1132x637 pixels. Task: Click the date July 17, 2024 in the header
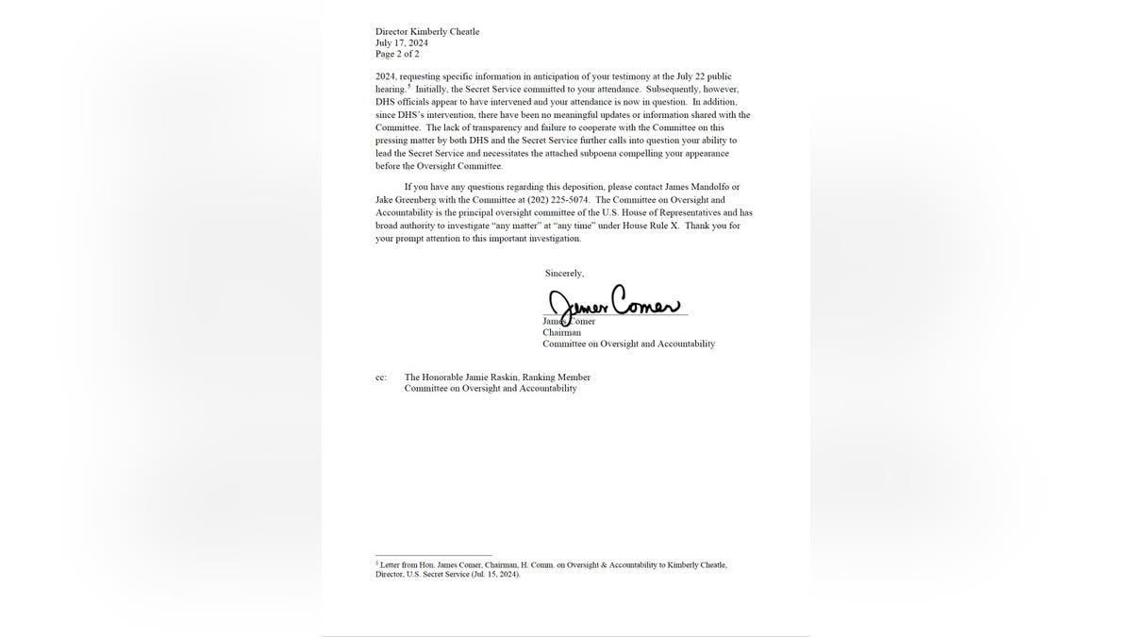pyautogui.click(x=401, y=42)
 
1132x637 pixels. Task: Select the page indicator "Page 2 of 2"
pyautogui.click(x=397, y=54)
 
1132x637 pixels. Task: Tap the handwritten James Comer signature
pyautogui.click(x=613, y=303)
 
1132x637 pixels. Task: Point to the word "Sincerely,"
pyautogui.click(x=564, y=273)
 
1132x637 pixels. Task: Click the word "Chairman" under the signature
pyautogui.click(x=561, y=332)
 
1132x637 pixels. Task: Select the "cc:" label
pyautogui.click(x=381, y=377)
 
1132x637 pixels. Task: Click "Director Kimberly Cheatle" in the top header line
pyautogui.click(x=427, y=31)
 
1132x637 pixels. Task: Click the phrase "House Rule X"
pyautogui.click(x=649, y=226)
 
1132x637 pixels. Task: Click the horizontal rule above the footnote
pyautogui.click(x=433, y=556)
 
